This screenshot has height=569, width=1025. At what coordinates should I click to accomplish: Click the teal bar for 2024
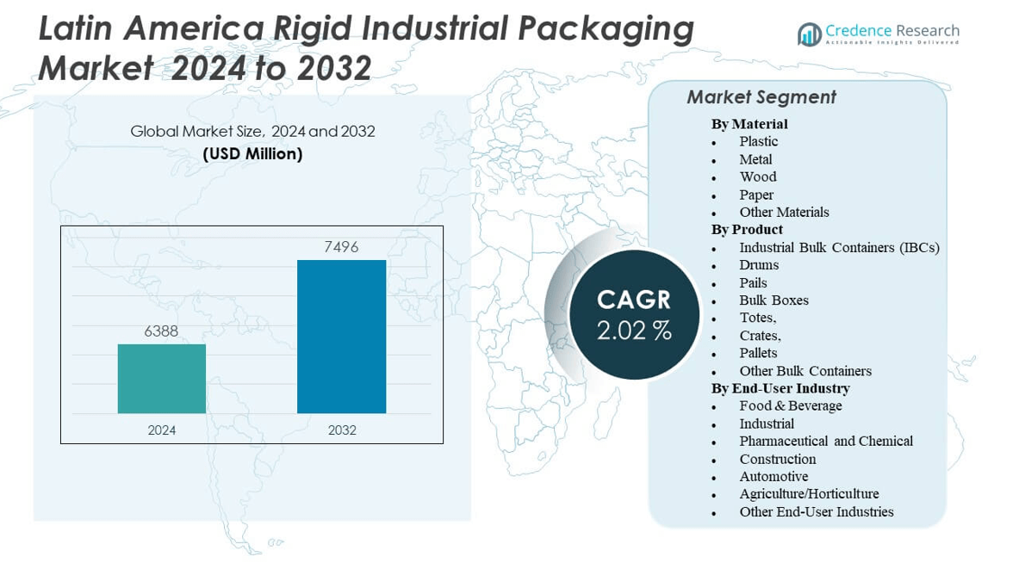162,379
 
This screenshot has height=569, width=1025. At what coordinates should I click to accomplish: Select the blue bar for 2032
341,337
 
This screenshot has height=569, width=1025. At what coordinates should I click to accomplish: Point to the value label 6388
161,331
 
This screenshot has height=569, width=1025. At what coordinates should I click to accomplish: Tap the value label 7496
341,247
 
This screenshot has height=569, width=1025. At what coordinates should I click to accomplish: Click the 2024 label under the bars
161,430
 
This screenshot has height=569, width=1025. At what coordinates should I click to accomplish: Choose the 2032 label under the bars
342,430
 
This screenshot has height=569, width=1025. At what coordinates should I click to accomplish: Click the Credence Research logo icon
809,34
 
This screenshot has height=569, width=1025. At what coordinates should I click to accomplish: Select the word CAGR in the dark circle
634,300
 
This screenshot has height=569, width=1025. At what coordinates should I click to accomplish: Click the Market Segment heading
761,97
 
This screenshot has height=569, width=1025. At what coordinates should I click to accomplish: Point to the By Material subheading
749,124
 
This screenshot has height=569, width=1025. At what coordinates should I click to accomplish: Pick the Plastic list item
758,141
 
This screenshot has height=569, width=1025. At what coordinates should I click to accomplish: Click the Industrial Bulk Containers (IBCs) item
839,247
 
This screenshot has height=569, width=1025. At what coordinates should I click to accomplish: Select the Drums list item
759,265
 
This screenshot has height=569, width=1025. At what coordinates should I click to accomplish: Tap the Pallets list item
758,353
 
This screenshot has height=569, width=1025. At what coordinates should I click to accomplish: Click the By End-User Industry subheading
780,388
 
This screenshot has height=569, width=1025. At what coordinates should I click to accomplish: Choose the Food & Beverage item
790,405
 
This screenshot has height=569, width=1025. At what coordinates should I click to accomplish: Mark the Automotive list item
773,476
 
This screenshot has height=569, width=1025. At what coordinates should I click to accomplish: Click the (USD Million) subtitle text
252,154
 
